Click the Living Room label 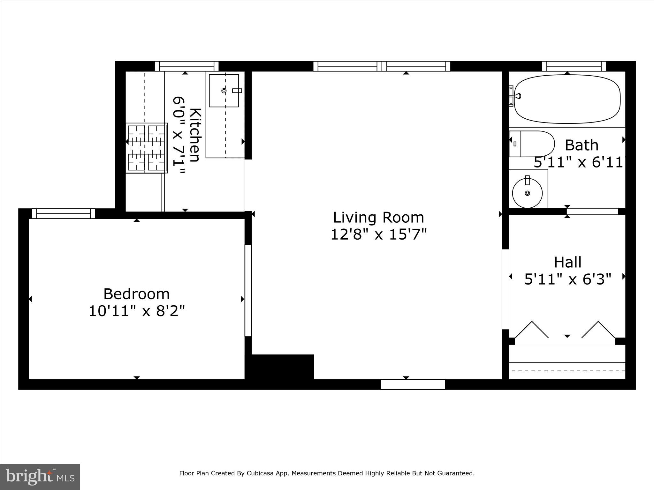point(378,218)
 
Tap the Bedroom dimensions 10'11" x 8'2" point(137,311)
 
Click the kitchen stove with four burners point(147,148)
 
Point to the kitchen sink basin point(224,91)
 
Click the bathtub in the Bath point(567,99)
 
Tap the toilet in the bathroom point(532,144)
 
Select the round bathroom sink point(527,193)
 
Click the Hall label point(567,263)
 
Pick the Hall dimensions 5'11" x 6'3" point(567,279)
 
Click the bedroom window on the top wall point(64,213)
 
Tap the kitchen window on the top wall point(187,66)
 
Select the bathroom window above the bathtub point(574,66)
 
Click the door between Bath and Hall point(592,211)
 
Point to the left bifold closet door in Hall point(532,330)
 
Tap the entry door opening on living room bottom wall point(413,384)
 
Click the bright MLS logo point(40,477)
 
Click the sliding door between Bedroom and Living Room point(248,290)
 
